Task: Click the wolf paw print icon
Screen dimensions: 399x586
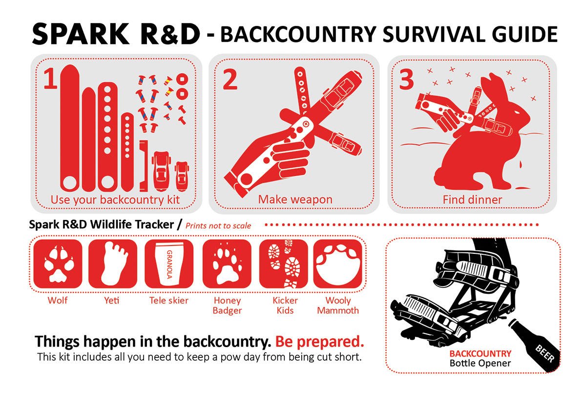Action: (x=57, y=264)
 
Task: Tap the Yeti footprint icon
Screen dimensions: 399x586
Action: (x=112, y=264)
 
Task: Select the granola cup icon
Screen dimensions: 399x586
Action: (x=168, y=264)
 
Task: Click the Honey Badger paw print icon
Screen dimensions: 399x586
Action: (x=227, y=264)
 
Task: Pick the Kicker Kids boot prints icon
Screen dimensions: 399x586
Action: (x=283, y=264)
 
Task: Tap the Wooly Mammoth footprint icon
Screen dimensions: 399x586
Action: (x=337, y=264)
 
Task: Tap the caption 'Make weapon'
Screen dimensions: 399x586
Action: (x=295, y=199)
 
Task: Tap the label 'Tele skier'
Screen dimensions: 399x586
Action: (x=168, y=300)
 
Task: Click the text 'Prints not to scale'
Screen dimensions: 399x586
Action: (x=218, y=225)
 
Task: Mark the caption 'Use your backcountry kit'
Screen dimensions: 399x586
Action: (x=115, y=199)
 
